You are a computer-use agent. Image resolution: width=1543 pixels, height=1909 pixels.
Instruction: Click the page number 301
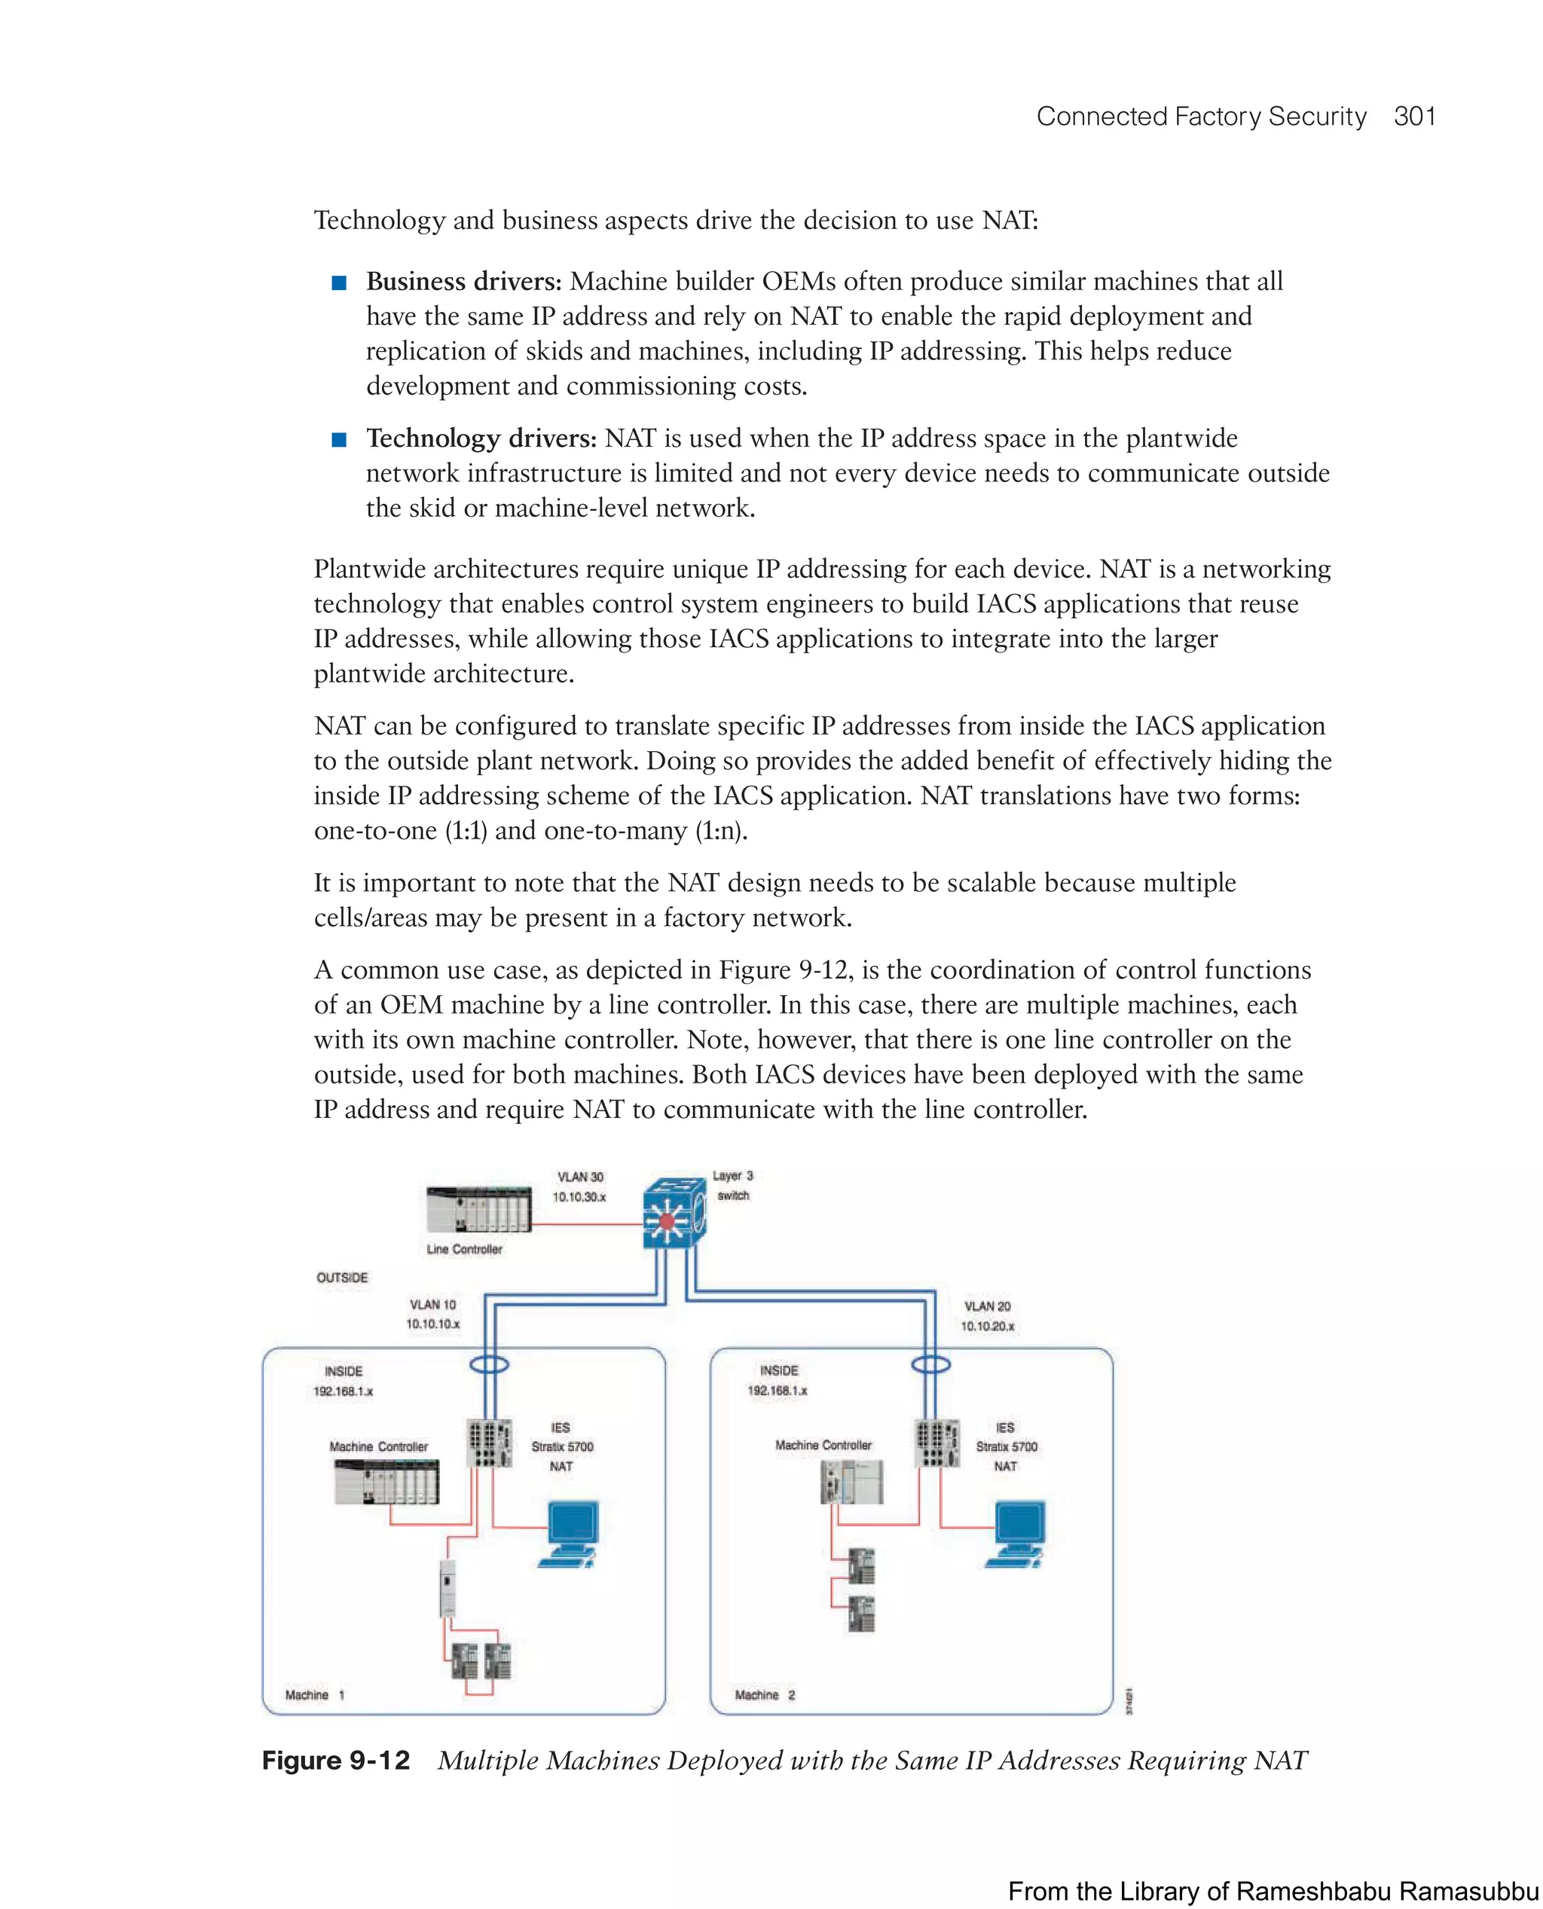1414,117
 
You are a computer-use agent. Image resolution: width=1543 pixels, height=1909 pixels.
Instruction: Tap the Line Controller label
464,1248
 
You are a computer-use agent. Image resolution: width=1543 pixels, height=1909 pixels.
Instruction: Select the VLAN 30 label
579,1177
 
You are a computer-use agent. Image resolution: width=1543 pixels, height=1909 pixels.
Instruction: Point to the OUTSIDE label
342,1277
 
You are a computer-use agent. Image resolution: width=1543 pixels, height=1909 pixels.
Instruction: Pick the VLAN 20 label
986,1306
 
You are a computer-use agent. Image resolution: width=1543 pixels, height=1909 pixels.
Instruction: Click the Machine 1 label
313,1695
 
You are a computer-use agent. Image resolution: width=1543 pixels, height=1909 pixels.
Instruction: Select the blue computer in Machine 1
570,1534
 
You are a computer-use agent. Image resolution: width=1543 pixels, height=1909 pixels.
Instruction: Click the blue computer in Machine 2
1017,1534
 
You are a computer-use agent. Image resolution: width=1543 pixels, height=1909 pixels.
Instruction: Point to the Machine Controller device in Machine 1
387,1483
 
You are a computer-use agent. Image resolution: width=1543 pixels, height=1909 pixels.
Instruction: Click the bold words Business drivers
464,282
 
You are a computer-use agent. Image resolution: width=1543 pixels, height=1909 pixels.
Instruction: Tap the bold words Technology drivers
481,438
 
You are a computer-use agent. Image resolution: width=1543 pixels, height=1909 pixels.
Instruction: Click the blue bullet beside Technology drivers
338,440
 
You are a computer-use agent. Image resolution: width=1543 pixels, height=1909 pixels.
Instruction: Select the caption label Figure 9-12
336,1761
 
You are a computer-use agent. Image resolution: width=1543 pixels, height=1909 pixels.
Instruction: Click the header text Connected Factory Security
1201,117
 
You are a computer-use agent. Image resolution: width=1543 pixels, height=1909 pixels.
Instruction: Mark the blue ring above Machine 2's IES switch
930,1364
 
